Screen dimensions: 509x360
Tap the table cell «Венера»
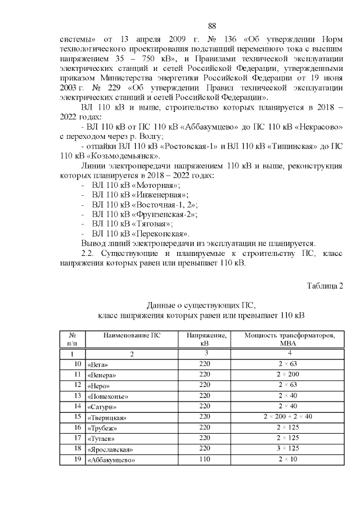pyautogui.click(x=101, y=375)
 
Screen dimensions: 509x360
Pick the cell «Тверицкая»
pyautogui.click(x=107, y=418)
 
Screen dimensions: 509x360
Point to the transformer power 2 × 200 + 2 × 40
pyautogui.click(x=288, y=417)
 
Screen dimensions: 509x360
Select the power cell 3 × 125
pyautogui.click(x=288, y=449)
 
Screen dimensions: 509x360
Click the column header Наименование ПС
pyautogui.click(x=132, y=336)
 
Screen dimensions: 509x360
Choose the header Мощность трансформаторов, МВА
pyautogui.click(x=288, y=339)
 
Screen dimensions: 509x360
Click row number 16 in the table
pyautogui.click(x=78, y=427)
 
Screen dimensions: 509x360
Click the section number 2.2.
pyautogui.click(x=88, y=253)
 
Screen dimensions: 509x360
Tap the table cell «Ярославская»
pyautogui.click(x=109, y=450)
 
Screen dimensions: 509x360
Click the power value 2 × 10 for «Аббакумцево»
pyautogui.click(x=288, y=460)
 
